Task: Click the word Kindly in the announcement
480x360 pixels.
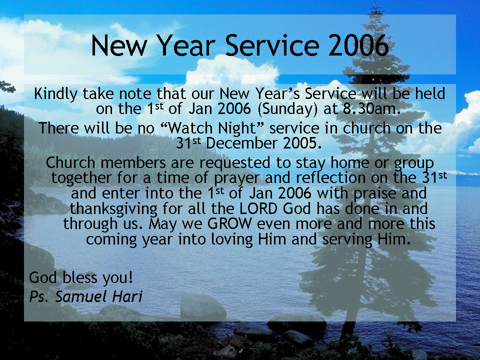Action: [x=55, y=94]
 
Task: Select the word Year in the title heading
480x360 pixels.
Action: [x=186, y=45]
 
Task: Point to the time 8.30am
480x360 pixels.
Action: [x=371, y=108]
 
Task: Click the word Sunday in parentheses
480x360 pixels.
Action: [x=287, y=109]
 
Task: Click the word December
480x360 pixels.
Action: [x=242, y=143]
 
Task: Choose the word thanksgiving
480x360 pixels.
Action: [x=113, y=209]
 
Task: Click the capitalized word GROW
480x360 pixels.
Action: [x=229, y=224]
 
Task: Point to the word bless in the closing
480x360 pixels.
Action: [x=79, y=277]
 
